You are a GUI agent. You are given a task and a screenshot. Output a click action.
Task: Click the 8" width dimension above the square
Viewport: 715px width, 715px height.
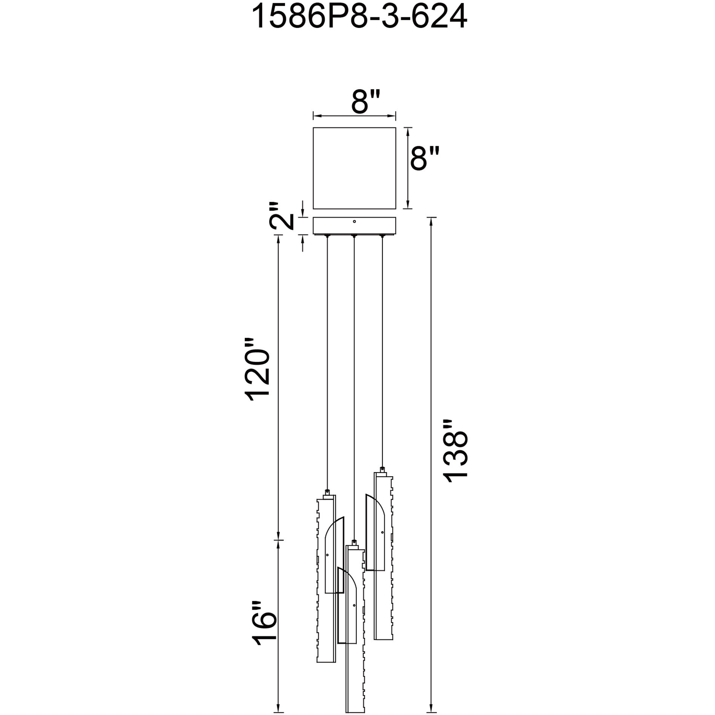[x=364, y=101]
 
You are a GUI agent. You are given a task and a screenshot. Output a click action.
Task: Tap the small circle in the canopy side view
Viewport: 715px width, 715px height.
[x=354, y=222]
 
